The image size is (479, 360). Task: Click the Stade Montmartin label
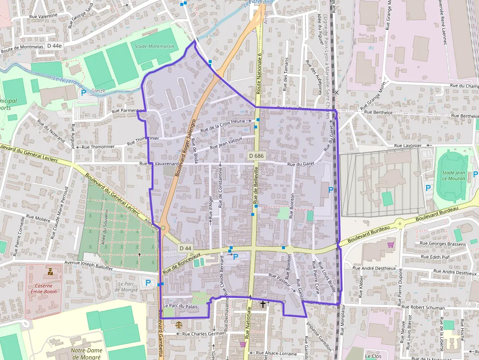pyautogui.click(x=154, y=46)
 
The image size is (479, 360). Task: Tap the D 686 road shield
pyautogui.click(x=256, y=156)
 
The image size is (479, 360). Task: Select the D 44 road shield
pyautogui.click(x=185, y=248)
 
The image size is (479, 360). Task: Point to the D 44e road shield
pyautogui.click(x=55, y=45)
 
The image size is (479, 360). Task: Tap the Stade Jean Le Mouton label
pyautogui.click(x=454, y=175)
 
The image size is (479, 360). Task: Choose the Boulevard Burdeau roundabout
pyautogui.click(x=400, y=224)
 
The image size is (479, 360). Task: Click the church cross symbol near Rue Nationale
pyautogui.click(x=263, y=304)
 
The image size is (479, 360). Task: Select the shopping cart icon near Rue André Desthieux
pyautogui.click(x=390, y=244)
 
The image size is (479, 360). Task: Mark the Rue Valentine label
pyautogui.click(x=44, y=16)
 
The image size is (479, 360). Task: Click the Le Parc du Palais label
pyautogui.click(x=180, y=306)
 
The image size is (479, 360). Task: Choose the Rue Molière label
pyautogui.click(x=38, y=218)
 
